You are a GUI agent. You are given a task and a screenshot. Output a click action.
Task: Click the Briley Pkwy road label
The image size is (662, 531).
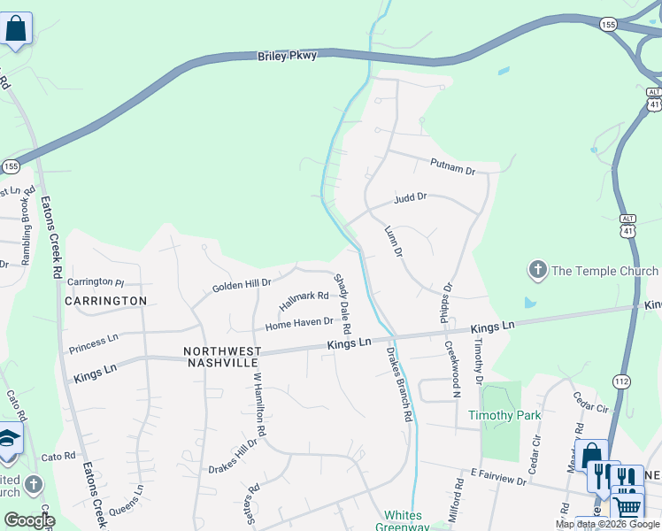pyautogui.click(x=287, y=56)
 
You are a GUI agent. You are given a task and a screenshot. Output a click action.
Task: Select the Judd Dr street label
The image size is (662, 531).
pyautogui.click(x=411, y=199)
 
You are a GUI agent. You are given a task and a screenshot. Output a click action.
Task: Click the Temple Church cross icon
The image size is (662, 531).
pyautogui.click(x=536, y=269)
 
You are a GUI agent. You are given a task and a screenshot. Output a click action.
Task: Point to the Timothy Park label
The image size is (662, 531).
pyautogui.click(x=504, y=415)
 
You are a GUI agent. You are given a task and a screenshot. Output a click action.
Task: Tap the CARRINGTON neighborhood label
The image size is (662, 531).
pyautogui.click(x=105, y=301)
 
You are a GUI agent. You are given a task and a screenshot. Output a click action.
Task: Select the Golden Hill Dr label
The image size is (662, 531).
pyautogui.click(x=241, y=286)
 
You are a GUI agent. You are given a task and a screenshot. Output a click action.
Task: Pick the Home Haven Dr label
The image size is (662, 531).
pyautogui.click(x=298, y=324)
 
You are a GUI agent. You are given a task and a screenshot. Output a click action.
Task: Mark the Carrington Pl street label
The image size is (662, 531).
pyautogui.click(x=96, y=281)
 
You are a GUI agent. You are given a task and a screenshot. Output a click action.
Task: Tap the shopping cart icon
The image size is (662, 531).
pyautogui.click(x=627, y=506)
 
